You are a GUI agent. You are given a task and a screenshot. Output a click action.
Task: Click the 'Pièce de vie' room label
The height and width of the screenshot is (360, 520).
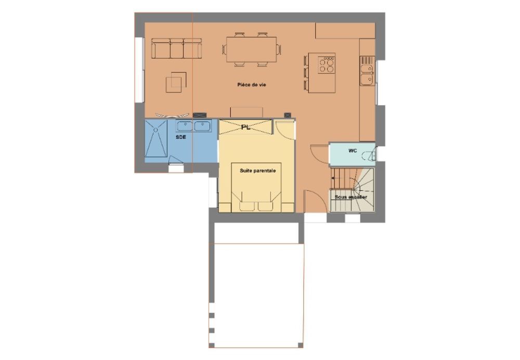click(x=251, y=85)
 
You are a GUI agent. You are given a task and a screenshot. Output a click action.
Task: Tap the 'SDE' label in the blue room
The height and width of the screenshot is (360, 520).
click(x=181, y=137)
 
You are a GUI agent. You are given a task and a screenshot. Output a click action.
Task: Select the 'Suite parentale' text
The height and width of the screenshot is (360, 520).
click(x=258, y=171)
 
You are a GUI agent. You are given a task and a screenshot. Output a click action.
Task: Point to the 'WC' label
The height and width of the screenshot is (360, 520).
click(x=353, y=151)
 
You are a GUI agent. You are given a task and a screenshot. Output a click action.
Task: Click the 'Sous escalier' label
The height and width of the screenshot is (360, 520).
click(x=351, y=197)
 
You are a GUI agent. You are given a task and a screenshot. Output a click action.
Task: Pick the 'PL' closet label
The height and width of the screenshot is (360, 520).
click(x=246, y=127)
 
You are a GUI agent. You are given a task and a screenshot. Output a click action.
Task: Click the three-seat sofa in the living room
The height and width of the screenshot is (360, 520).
click(x=176, y=48)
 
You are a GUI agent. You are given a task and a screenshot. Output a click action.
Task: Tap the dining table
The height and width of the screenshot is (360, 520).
click(x=251, y=49)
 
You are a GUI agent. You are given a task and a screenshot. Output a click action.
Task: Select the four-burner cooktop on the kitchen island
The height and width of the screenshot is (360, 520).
click(x=327, y=65)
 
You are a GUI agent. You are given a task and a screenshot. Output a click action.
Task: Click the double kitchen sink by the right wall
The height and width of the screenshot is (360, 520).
click(x=367, y=74)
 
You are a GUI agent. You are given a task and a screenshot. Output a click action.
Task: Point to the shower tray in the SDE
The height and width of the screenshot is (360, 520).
click(x=156, y=138)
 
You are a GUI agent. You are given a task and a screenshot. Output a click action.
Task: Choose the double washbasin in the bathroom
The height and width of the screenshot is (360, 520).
click(x=193, y=126)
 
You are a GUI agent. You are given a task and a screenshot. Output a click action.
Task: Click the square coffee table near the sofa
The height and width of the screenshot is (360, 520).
click(x=176, y=82)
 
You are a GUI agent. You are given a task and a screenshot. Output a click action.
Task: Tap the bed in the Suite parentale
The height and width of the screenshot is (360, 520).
click(x=256, y=187)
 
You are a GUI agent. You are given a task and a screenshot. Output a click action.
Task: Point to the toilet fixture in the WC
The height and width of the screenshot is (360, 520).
click(x=369, y=155)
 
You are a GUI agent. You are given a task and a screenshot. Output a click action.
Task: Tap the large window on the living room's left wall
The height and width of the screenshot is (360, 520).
click(x=139, y=70)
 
